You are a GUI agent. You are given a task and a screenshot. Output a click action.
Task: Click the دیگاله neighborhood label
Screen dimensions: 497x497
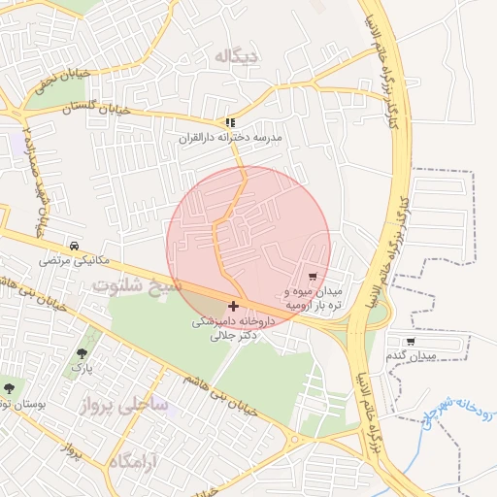point(238,56)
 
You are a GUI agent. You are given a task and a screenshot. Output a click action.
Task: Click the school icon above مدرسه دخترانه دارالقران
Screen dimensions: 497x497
point(230,123)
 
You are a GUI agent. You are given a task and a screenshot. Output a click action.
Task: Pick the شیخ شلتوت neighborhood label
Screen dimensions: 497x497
point(137,285)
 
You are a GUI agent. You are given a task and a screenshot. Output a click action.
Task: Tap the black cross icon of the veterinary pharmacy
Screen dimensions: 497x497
point(233,306)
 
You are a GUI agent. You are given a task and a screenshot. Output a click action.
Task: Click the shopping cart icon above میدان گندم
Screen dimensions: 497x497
point(411,342)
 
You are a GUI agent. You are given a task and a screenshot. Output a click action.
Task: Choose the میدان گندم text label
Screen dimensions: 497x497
point(411,356)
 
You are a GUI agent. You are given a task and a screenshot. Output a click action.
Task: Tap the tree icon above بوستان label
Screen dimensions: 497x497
point(9,388)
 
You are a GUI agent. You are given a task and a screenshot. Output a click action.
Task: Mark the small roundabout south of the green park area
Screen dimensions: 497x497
point(294,440)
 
